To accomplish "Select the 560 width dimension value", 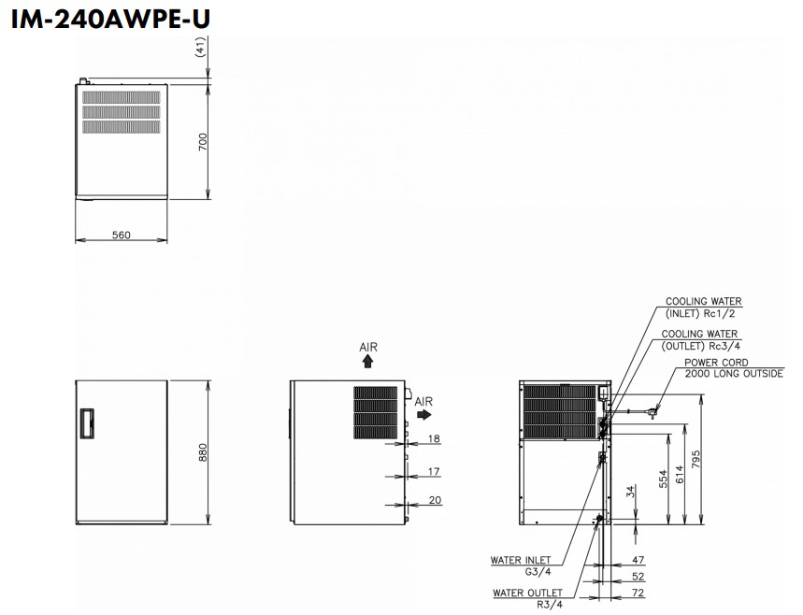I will tap(121, 235).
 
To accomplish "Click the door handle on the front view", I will tap(87, 423).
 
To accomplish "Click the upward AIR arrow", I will tap(368, 358).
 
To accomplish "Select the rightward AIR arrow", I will tap(424, 411).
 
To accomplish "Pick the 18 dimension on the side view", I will tap(434, 437).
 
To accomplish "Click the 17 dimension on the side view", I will tap(434, 471).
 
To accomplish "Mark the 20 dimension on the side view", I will tap(434, 500).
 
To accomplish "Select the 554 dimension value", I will tap(664, 479).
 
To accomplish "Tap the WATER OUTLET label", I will tap(528, 593).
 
